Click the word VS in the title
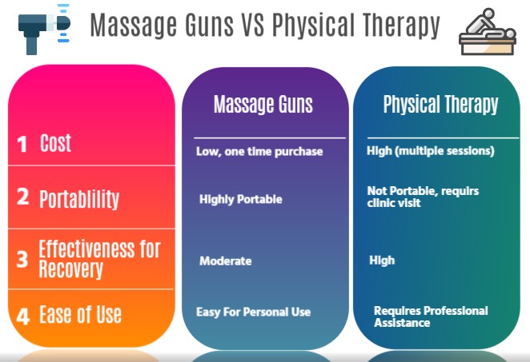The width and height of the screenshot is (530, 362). point(247,26)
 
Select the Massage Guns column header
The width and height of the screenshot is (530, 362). point(263,105)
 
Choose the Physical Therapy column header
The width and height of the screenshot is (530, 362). point(440,105)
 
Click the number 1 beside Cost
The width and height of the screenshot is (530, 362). point(22,144)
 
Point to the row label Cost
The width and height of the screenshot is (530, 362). point(55,143)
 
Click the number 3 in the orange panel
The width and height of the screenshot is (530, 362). point(22,259)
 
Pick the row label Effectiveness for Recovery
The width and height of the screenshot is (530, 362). point(99,258)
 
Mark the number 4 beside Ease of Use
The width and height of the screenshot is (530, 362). point(22,316)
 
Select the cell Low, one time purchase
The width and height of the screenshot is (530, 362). point(259,151)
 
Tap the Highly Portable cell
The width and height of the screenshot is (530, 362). point(240,199)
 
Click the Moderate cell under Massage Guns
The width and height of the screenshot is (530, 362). point(225,261)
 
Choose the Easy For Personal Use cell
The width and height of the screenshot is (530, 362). point(253,312)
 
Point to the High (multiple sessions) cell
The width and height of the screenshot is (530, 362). point(430,150)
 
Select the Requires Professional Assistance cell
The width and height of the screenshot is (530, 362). point(431,316)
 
